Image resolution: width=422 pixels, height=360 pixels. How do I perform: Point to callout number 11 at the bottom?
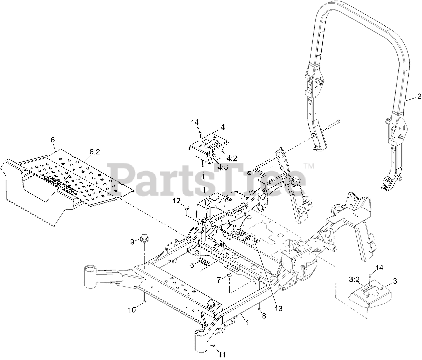(222, 354)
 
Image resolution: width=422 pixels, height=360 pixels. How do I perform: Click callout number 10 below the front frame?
(132, 310)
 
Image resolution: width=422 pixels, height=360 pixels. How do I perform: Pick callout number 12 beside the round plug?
(177, 201)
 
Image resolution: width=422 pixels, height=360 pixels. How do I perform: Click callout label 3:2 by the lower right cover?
(355, 279)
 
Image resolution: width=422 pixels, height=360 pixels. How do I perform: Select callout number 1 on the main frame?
(248, 323)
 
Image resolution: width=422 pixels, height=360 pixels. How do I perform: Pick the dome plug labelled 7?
(230, 276)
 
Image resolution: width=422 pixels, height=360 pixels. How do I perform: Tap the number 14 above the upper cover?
(195, 123)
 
